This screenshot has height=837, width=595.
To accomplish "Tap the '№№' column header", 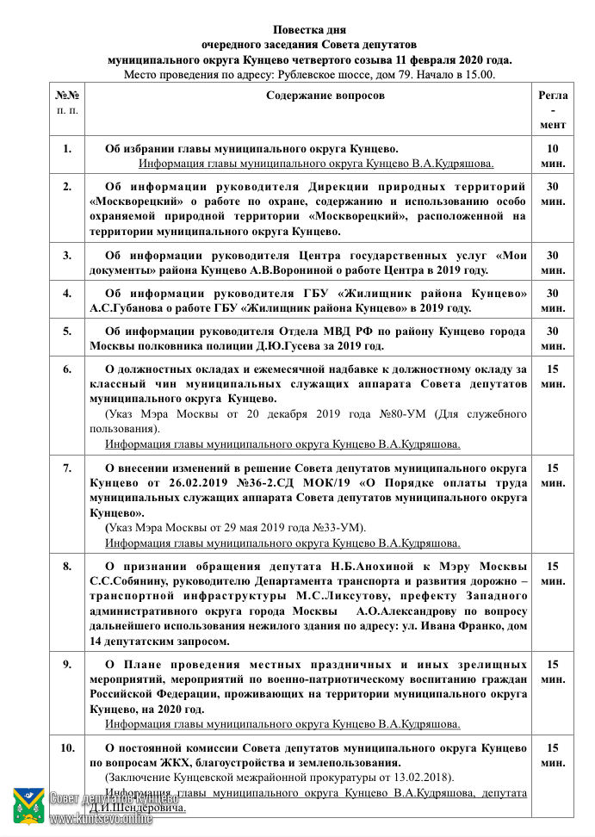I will click(67, 96).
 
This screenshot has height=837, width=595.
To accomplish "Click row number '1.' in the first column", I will click(67, 148).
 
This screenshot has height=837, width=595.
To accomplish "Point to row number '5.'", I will click(67, 331).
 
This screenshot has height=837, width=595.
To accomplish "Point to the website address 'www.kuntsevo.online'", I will click(95, 820).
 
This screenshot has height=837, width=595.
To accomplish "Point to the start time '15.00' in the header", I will click(479, 75).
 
